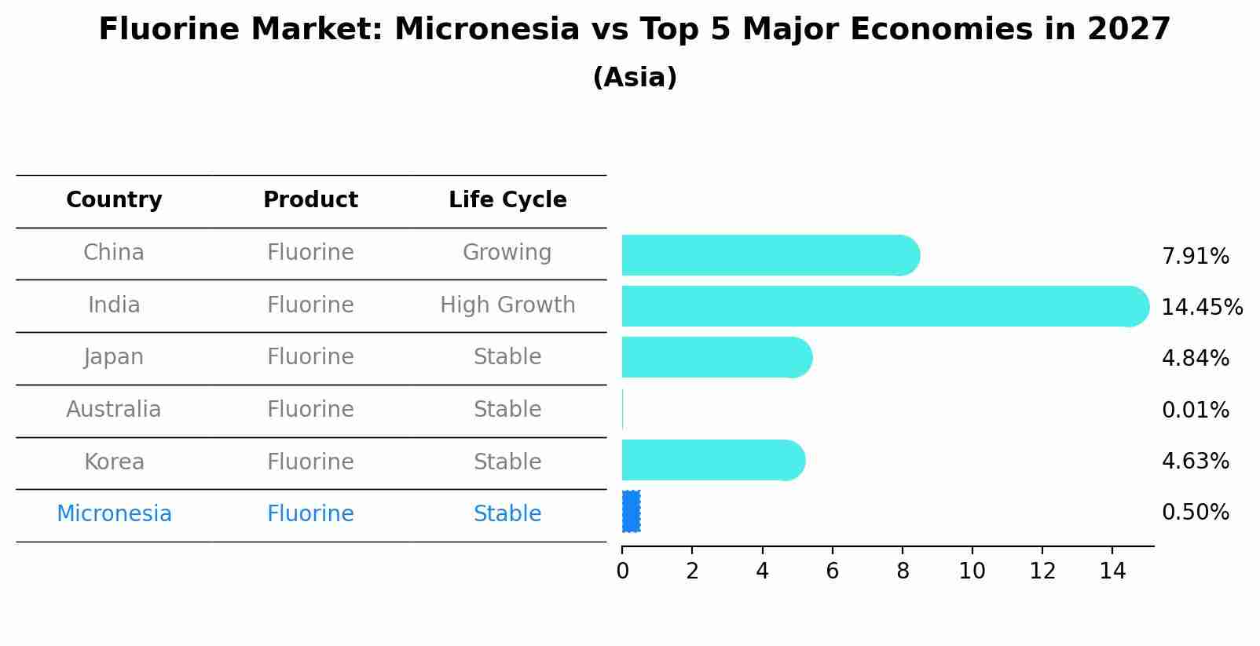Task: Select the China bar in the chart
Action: [x=770, y=255]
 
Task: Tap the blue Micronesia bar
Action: [x=631, y=512]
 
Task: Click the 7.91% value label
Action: [x=1195, y=257]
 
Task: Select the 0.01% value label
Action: [x=1195, y=411]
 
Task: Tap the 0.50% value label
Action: [x=1195, y=513]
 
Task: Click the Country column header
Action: [x=114, y=200]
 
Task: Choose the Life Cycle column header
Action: [x=507, y=200]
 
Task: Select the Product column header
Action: [x=310, y=200]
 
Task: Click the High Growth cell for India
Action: [x=507, y=305]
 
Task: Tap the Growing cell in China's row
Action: [x=507, y=253]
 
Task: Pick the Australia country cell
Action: [x=114, y=410]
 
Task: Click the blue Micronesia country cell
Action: [x=114, y=514]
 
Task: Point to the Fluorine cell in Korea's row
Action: [x=310, y=462]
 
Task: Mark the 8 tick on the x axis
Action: [x=903, y=571]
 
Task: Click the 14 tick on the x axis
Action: [x=1112, y=571]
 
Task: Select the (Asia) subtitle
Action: [x=635, y=78]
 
